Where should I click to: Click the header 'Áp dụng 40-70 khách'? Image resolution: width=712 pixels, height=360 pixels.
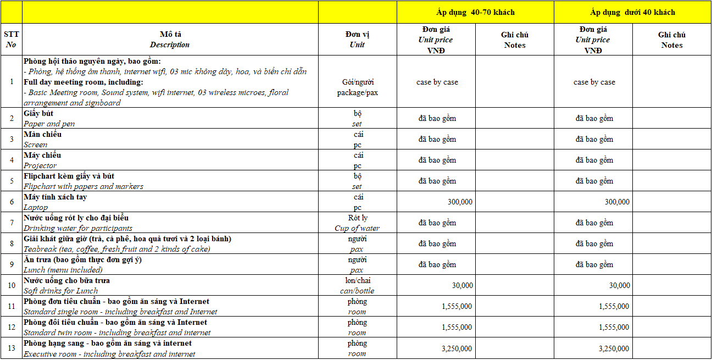(x=475, y=12)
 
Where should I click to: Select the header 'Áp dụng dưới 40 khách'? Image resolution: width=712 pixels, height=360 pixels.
(x=632, y=12)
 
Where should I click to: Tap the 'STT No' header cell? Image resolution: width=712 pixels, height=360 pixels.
(x=11, y=40)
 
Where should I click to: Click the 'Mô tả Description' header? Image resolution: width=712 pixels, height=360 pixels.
(x=170, y=40)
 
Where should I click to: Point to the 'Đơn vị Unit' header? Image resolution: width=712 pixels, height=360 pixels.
(x=357, y=40)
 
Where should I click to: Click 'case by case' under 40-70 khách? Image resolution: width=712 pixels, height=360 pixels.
(x=437, y=82)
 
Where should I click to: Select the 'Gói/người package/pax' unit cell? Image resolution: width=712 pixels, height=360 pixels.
(x=357, y=87)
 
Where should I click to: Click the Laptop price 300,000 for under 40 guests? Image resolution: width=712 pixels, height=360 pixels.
(x=617, y=202)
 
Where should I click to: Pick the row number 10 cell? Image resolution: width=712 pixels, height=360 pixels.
(x=12, y=285)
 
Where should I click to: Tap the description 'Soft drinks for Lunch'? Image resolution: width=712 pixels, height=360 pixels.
(x=60, y=291)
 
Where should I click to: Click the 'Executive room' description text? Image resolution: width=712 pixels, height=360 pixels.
(x=109, y=354)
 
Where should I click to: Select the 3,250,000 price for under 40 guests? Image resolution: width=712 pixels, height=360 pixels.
(x=614, y=348)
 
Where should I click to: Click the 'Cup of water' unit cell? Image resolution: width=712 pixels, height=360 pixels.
(x=357, y=228)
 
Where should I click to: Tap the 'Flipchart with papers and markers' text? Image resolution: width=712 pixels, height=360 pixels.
(x=83, y=186)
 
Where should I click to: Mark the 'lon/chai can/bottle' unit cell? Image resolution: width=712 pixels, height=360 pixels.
(x=357, y=286)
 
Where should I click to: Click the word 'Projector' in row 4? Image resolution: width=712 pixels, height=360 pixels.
(x=40, y=165)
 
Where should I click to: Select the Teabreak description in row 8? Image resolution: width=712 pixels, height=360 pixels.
(x=116, y=249)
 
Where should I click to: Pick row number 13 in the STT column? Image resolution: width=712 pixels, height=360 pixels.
(x=12, y=348)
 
